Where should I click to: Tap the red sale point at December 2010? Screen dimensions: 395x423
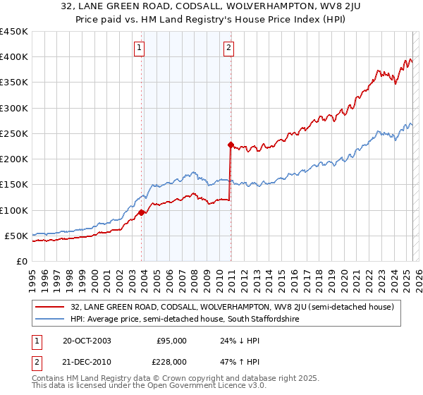[231, 145]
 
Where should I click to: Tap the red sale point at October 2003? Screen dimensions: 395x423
[142, 212]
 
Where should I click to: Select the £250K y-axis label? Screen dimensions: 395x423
[14, 134]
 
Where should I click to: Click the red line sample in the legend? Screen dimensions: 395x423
[49, 307]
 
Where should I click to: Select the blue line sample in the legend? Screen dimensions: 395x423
[49, 319]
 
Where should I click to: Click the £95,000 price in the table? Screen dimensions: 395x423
[171, 341]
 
